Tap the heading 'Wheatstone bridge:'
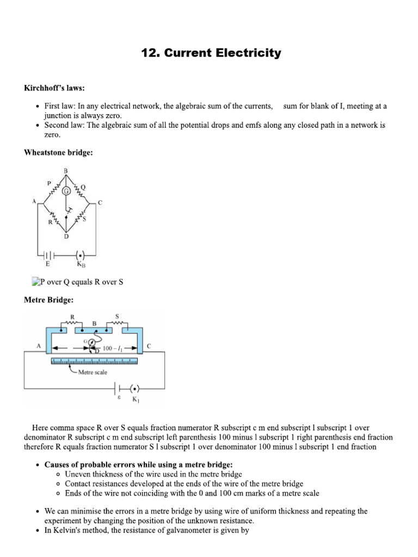click(58, 153)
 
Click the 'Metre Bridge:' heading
click(48, 300)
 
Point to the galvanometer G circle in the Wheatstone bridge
click(66, 191)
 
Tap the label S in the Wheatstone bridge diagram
click(84, 219)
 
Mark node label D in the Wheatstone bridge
click(66, 236)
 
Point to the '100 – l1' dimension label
click(113, 347)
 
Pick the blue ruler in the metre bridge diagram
click(94, 361)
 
